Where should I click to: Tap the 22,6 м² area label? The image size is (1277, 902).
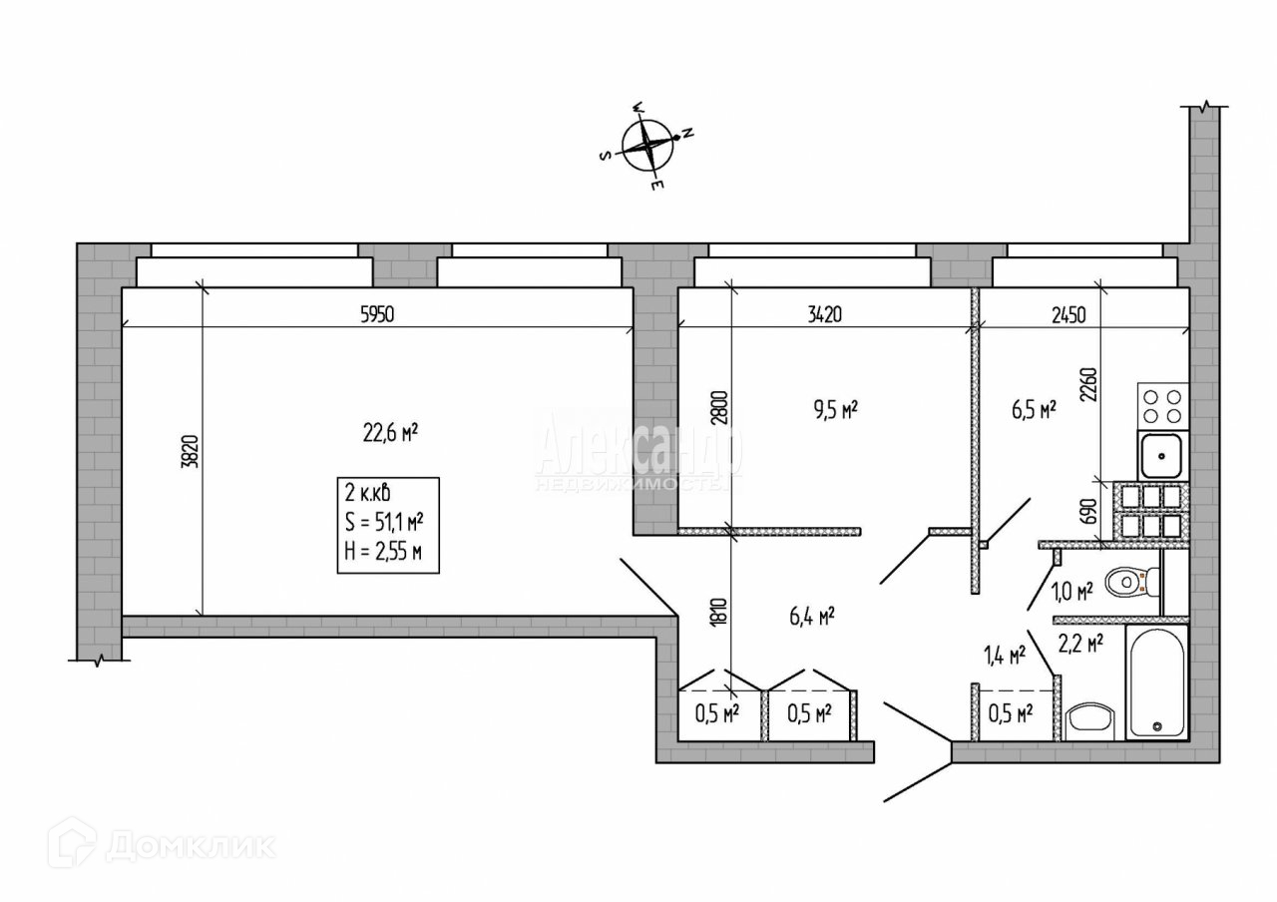[389, 433]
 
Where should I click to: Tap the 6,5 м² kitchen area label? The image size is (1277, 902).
[1033, 408]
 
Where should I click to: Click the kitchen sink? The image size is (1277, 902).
[1162, 457]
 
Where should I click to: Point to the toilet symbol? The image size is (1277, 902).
[1133, 580]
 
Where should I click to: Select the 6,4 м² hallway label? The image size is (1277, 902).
[811, 616]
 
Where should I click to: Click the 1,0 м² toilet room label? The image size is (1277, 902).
[1072, 591]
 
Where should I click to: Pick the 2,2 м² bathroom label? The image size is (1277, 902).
[1080, 645]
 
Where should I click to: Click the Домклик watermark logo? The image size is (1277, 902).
[165, 844]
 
